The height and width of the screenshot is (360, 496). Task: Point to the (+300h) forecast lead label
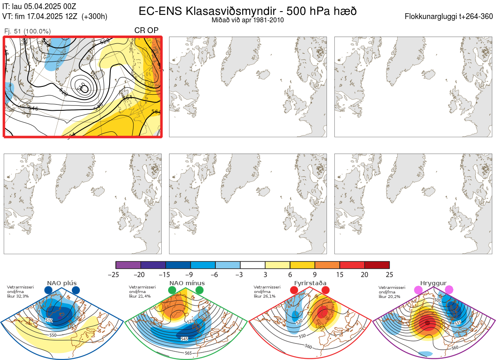tap(95, 17)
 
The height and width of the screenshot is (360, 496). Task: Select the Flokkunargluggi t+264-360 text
tap(450, 17)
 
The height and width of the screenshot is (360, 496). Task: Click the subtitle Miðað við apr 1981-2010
tap(248, 20)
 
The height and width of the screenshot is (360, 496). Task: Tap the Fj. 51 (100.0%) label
tap(27, 31)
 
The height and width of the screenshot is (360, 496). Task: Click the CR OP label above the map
tap(146, 31)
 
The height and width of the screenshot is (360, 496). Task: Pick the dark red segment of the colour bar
tap(377, 265)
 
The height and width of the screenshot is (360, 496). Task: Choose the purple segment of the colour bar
tap(128, 265)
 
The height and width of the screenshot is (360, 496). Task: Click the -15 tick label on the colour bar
tap(165, 274)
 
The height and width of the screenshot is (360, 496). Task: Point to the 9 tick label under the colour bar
tap(315, 274)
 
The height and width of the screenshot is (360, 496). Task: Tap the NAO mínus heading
tap(187, 283)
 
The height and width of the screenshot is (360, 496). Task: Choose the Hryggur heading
tap(434, 283)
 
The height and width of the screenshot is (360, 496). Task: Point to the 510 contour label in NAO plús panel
tap(49, 320)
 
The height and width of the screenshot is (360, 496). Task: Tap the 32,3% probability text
tap(22, 296)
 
